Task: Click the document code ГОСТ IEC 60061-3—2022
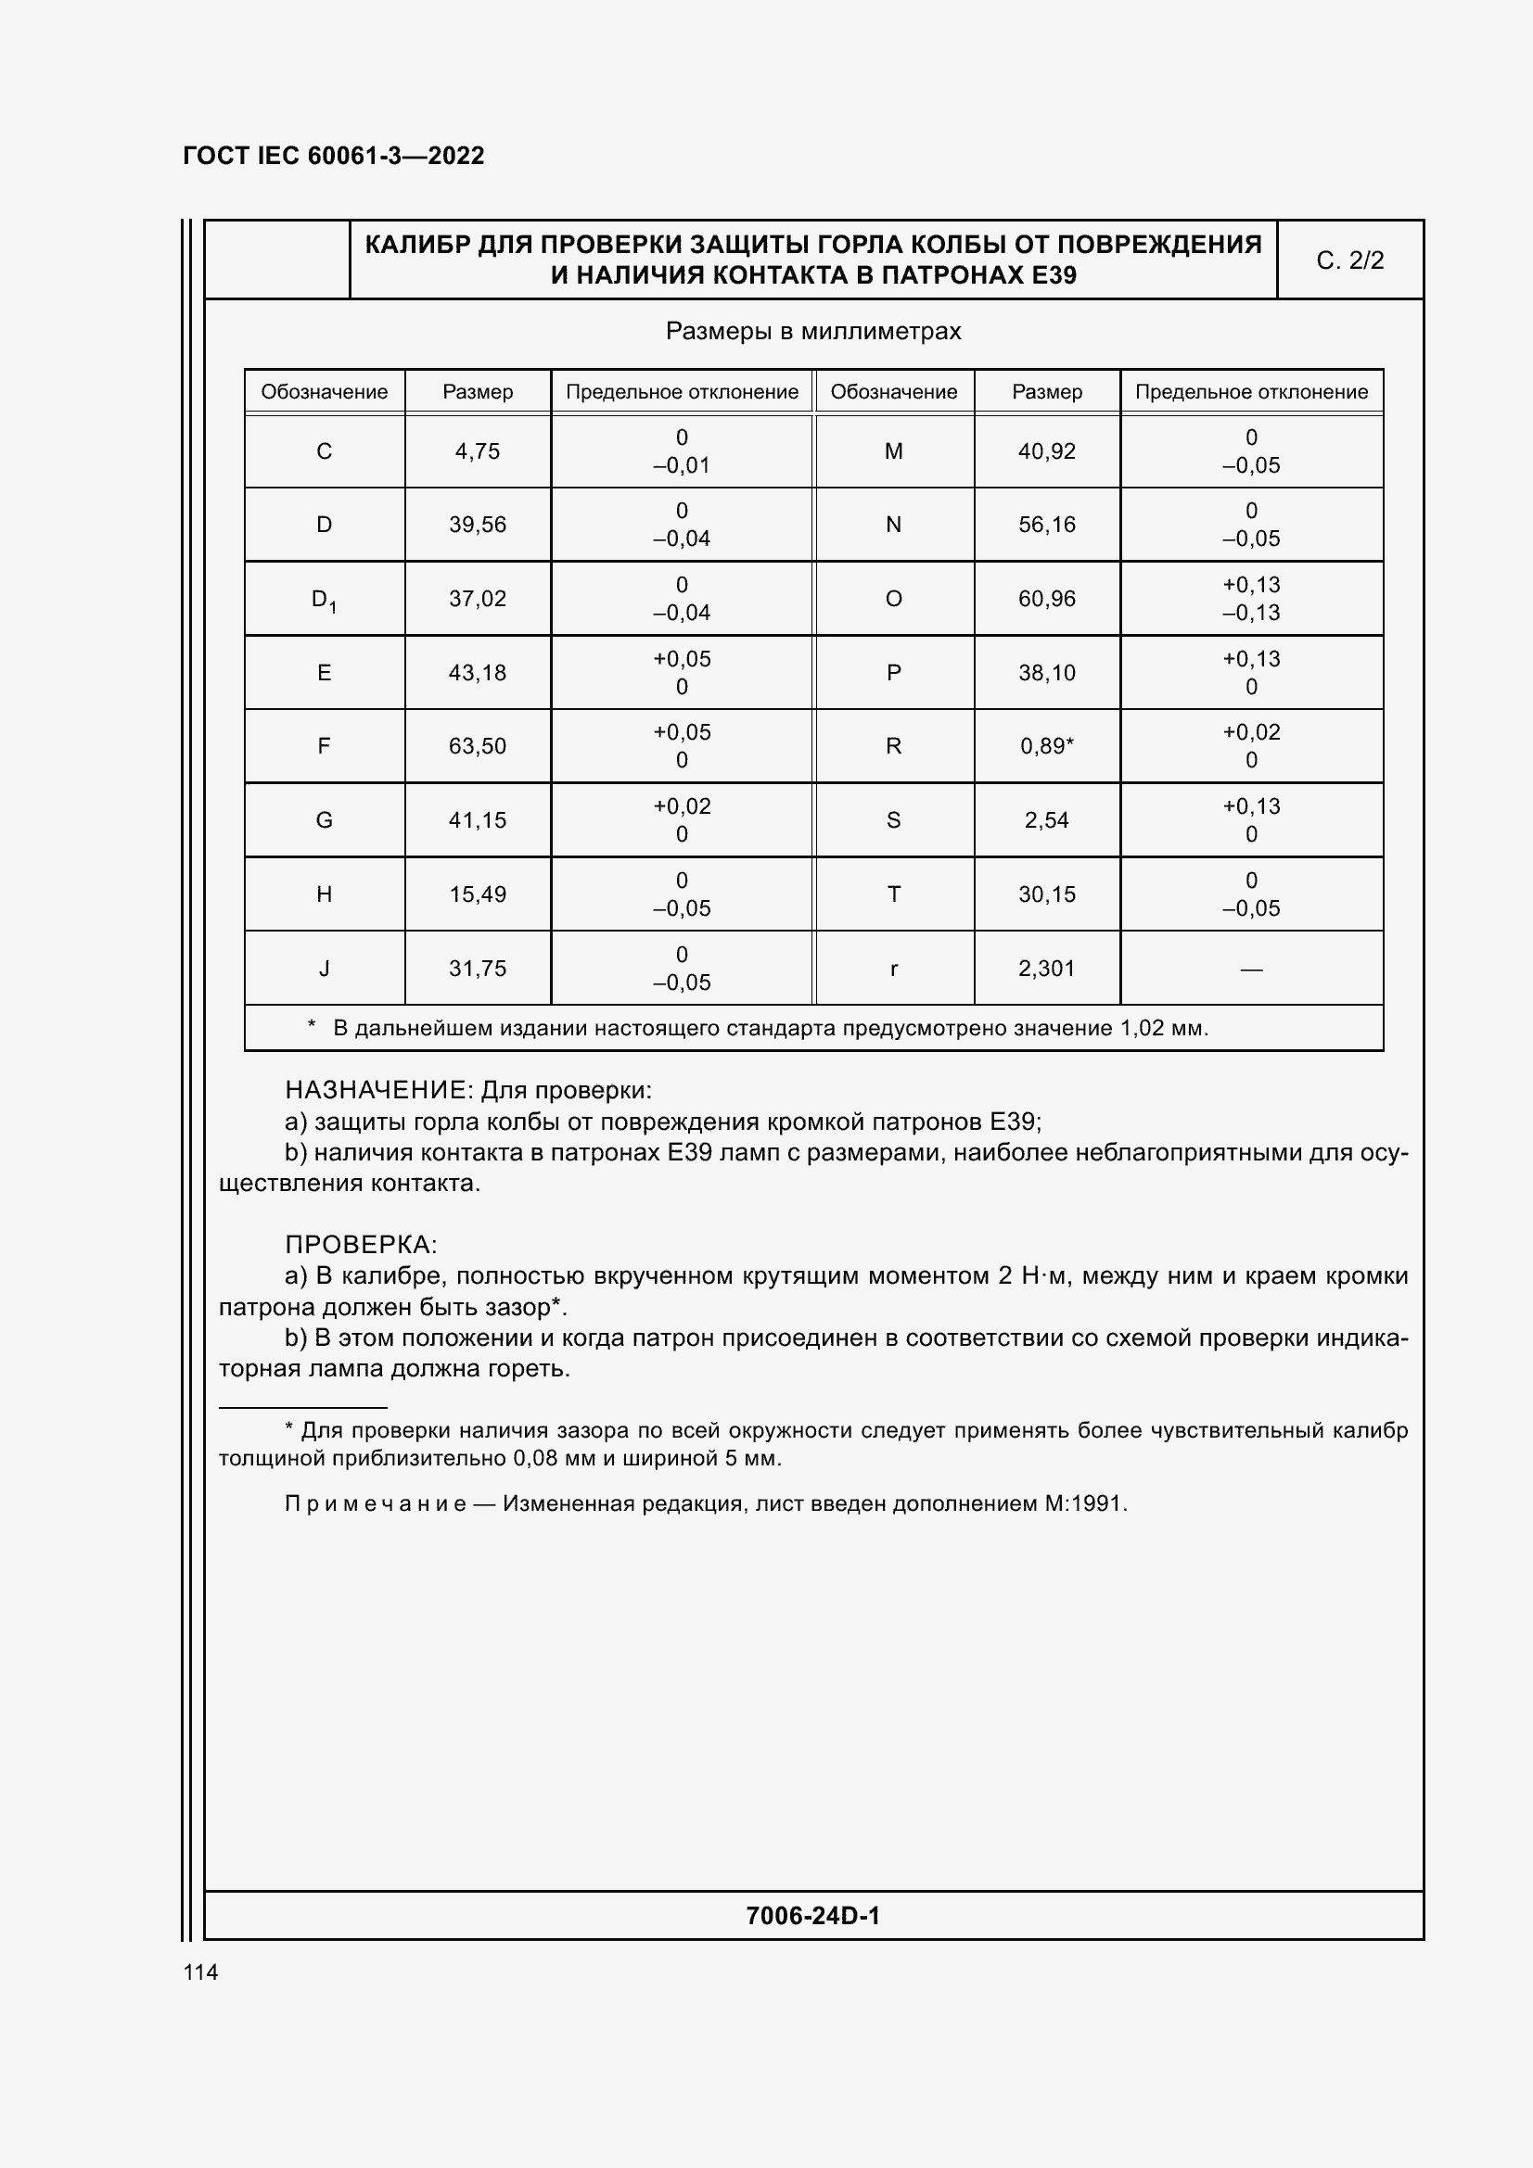pyautogui.click(x=334, y=156)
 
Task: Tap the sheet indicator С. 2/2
pyautogui.click(x=1349, y=260)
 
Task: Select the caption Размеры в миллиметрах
pyautogui.click(x=813, y=332)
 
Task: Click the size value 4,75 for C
pyautogui.click(x=477, y=451)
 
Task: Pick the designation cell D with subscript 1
pyautogui.click(x=324, y=600)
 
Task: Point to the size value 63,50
pyautogui.click(x=477, y=746)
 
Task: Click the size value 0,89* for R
pyautogui.click(x=1046, y=746)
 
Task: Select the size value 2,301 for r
pyautogui.click(x=1046, y=968)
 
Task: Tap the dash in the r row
pyautogui.click(x=1251, y=969)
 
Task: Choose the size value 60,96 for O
pyautogui.click(x=1046, y=599)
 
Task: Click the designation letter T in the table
pyautogui.click(x=893, y=894)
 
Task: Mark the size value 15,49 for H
pyautogui.click(x=477, y=894)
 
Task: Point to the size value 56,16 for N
pyautogui.click(x=1046, y=525)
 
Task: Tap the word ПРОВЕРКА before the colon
pyautogui.click(x=356, y=1245)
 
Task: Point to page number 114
pyautogui.click(x=200, y=1972)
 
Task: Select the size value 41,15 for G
pyautogui.click(x=477, y=820)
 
